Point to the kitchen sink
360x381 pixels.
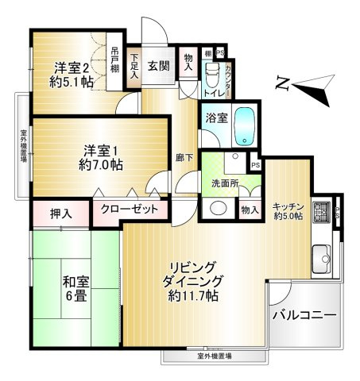(322, 256)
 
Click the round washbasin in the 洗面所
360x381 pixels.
(216, 210)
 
